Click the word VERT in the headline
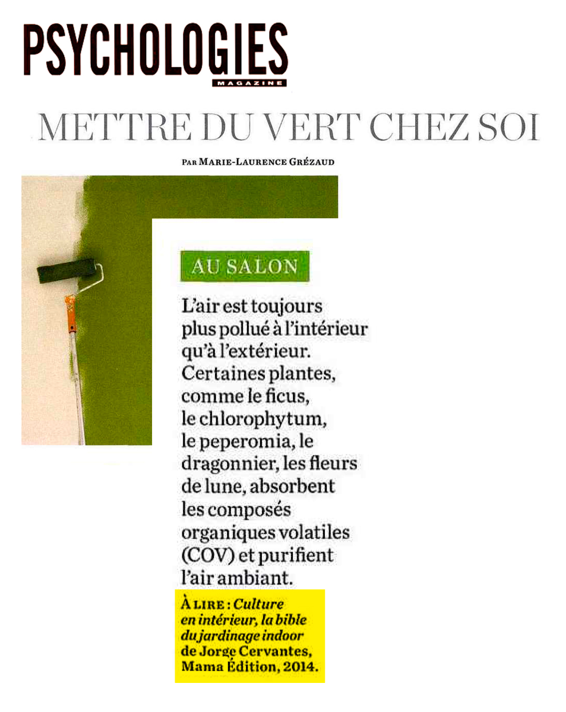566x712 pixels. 315,126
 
